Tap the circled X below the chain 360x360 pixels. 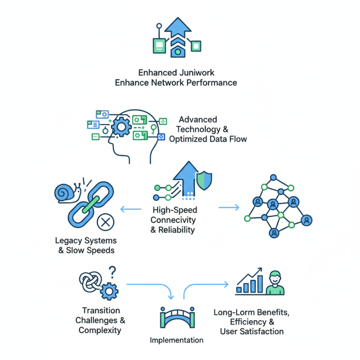(106, 221)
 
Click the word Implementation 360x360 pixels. (176, 340)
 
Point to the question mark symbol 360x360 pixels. (112, 271)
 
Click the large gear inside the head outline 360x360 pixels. (121, 127)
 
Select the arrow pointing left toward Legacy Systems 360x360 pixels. (130, 208)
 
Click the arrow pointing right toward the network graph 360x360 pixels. (229, 207)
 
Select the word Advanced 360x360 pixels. (198, 120)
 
